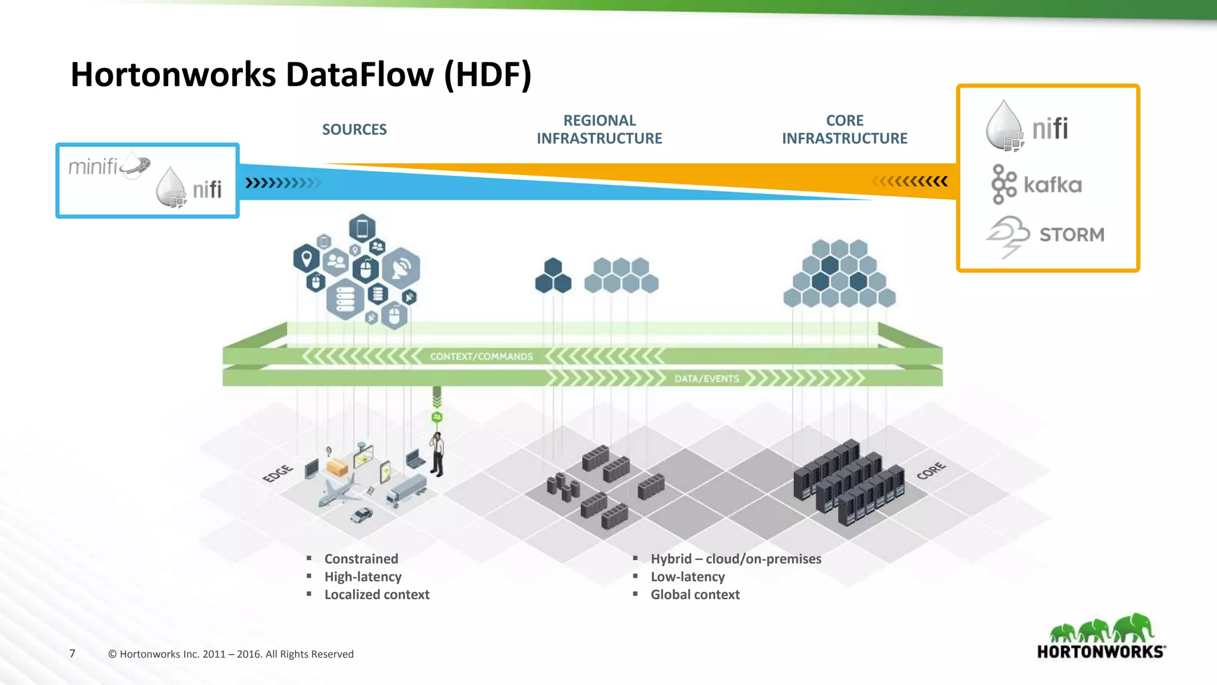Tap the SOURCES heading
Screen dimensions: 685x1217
[354, 130]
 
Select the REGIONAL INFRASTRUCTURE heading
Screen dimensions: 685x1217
[599, 130]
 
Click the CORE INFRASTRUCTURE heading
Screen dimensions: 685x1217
[844, 130]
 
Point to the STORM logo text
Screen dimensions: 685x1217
[1071, 235]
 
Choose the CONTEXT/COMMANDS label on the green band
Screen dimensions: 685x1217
[481, 357]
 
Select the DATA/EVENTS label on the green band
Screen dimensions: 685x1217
[707, 379]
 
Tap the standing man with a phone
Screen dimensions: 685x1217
[437, 454]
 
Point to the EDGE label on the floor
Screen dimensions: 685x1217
[278, 473]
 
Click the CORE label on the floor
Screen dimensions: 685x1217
[931, 470]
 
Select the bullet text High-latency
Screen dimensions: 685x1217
[362, 577]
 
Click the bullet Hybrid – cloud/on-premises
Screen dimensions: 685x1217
[736, 559]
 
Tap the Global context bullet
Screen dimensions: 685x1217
[695, 595]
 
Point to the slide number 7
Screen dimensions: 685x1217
[72, 653]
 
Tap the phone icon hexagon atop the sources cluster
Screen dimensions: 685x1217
[362, 228]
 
